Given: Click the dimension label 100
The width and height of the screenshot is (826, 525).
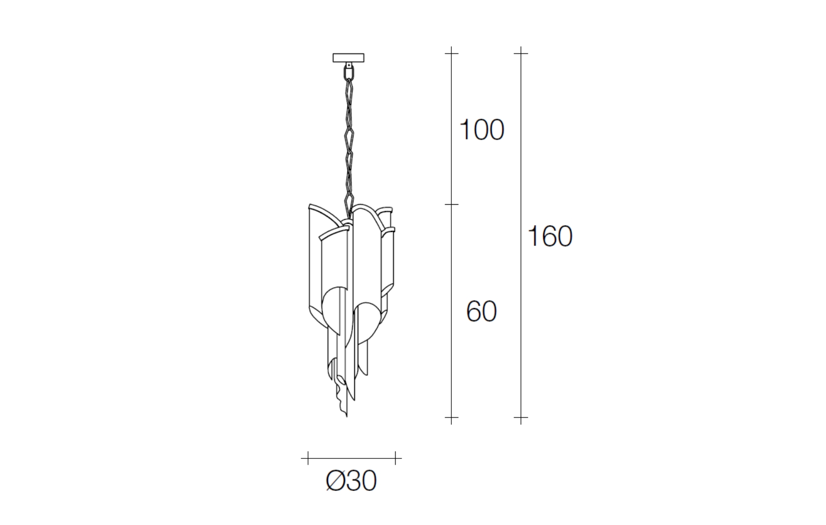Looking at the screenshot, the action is coord(482,129).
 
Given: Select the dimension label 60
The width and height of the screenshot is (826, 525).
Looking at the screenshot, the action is coord(482,311).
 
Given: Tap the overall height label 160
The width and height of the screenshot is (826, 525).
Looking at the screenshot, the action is coord(550,236).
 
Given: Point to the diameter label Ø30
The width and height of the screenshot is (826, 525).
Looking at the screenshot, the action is coord(351,481).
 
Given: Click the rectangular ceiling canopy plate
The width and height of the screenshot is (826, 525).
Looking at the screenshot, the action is coord(348,58).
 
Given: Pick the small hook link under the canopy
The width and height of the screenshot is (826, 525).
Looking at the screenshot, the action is coord(348,71).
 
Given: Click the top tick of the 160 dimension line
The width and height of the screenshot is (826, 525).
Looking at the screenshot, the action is coord(521,53).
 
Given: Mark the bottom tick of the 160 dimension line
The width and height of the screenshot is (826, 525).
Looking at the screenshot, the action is coord(521,417).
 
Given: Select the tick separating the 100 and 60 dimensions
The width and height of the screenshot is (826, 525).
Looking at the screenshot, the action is coord(451,204).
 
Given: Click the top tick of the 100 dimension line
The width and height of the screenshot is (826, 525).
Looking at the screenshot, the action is coord(451,53).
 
